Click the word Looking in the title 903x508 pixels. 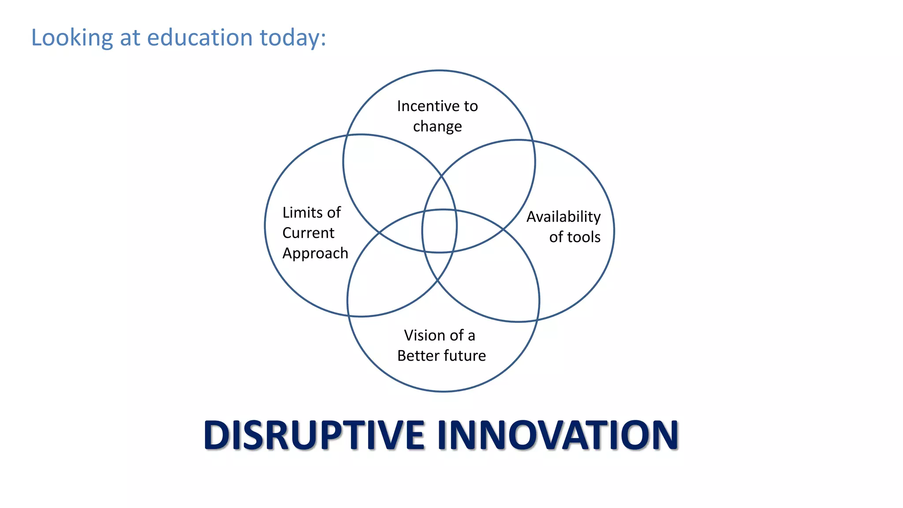[x=72, y=38]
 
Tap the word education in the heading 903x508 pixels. [x=199, y=37]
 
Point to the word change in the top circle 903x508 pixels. [x=437, y=127]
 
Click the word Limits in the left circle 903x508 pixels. [x=302, y=213]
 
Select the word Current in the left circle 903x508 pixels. [x=308, y=233]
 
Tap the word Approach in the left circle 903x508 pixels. [x=315, y=254]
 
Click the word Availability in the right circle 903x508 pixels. [x=563, y=217]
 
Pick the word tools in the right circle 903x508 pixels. [x=584, y=237]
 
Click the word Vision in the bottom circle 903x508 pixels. [x=421, y=336]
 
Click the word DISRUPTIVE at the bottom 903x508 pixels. [x=314, y=436]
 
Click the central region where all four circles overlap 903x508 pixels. [x=440, y=231]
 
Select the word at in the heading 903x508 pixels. [x=130, y=38]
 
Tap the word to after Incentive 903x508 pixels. [x=470, y=106]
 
